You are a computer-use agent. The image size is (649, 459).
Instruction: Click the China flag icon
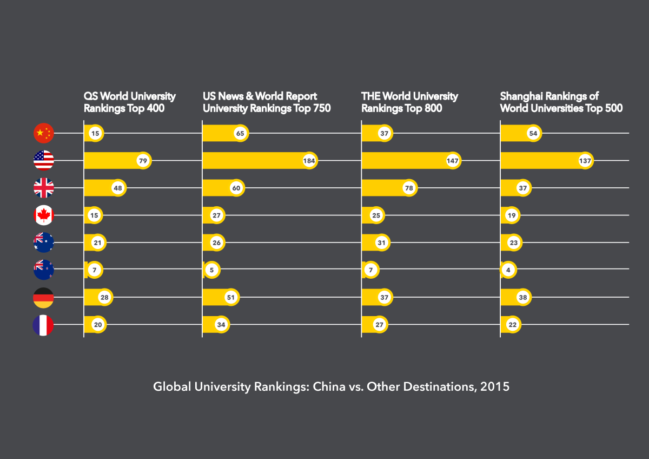point(44,133)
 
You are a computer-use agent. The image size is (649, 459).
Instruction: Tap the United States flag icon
point(44,161)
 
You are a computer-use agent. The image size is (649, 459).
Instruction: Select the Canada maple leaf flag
point(44,215)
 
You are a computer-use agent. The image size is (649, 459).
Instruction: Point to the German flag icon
point(44,297)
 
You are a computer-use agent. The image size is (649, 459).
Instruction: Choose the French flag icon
point(44,325)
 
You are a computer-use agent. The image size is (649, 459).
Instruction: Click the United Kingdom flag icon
point(44,188)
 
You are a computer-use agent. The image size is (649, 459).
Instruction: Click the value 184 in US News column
point(309,161)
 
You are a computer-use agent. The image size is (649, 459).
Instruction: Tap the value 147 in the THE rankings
point(453,161)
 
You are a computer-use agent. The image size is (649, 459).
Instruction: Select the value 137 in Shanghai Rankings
point(585,161)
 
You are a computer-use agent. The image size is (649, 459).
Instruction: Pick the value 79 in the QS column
point(143,161)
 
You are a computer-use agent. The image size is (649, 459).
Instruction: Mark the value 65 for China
point(240,133)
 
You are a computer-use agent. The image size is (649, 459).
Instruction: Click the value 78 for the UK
point(409,188)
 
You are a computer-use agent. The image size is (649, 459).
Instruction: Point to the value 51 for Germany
point(231,297)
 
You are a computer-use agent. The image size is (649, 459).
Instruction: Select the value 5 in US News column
point(212,270)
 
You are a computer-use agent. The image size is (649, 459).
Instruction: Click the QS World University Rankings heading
point(129,102)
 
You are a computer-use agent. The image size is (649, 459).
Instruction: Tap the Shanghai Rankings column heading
point(561,102)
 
